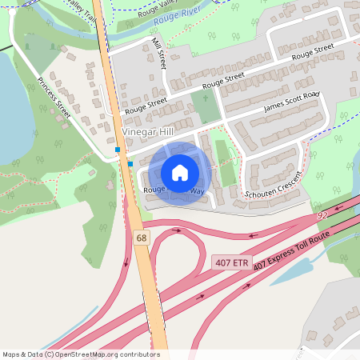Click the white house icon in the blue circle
[x=180, y=172]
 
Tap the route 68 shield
[x=142, y=238]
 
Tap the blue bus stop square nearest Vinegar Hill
[x=118, y=150]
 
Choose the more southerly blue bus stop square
[x=130, y=164]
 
